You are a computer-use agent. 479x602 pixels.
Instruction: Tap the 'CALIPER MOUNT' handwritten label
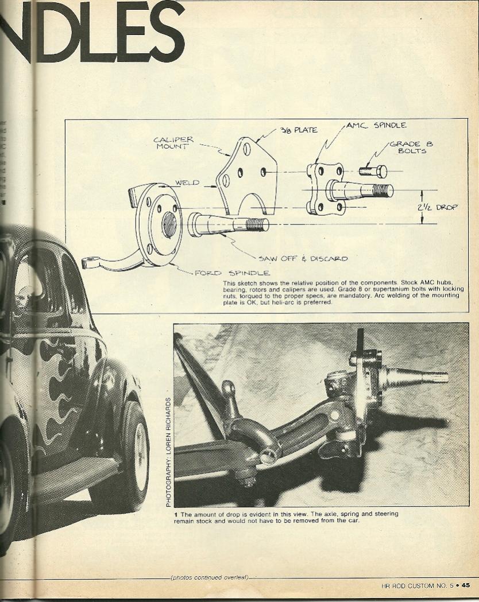click(173, 143)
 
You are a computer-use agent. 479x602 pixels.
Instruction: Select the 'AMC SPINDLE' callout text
click(376, 125)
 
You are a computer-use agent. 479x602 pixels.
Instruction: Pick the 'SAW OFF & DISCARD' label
click(303, 258)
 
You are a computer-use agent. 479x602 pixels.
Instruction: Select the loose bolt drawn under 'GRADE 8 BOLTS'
click(373, 171)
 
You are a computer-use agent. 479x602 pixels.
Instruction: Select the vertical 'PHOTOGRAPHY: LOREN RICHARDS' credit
click(168, 452)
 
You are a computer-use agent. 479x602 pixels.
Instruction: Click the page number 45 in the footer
click(466, 585)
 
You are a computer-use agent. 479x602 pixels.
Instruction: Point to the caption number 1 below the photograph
click(176, 514)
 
